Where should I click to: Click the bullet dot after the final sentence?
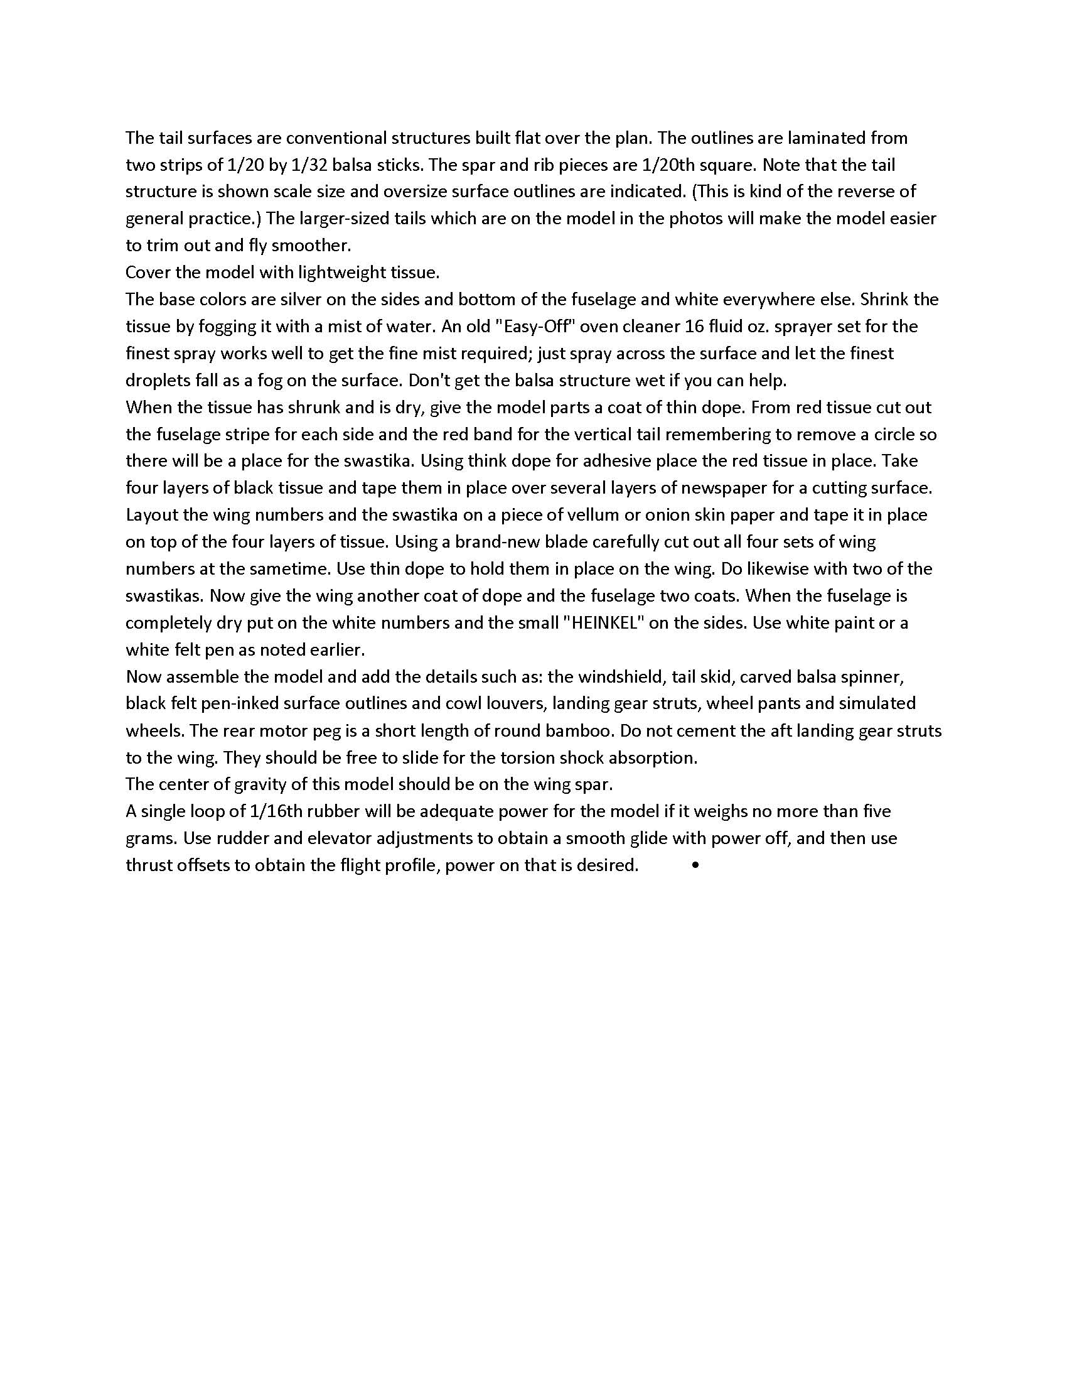pyautogui.click(x=695, y=865)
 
